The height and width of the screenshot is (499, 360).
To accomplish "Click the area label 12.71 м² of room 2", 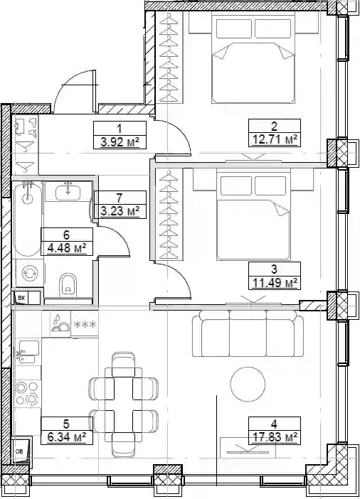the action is [x=275, y=139].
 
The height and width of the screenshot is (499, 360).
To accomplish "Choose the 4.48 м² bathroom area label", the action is [x=67, y=247].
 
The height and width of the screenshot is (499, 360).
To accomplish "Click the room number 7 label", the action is [x=120, y=198].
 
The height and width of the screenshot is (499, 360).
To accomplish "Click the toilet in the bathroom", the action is [x=68, y=284].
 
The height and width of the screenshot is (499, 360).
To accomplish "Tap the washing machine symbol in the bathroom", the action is [x=30, y=273].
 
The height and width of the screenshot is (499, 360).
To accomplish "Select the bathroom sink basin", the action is [x=68, y=193].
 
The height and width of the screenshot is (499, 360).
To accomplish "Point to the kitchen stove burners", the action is [x=27, y=393].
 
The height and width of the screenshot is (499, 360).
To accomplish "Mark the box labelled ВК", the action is [x=21, y=298].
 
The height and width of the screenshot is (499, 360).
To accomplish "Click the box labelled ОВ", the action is [x=21, y=451].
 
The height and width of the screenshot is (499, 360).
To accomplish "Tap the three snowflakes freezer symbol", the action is [x=85, y=325].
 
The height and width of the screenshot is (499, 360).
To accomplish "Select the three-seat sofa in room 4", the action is [x=248, y=333].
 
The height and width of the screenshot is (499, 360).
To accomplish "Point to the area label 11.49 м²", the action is [x=275, y=282].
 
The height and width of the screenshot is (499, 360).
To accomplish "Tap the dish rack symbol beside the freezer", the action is [x=60, y=324].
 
